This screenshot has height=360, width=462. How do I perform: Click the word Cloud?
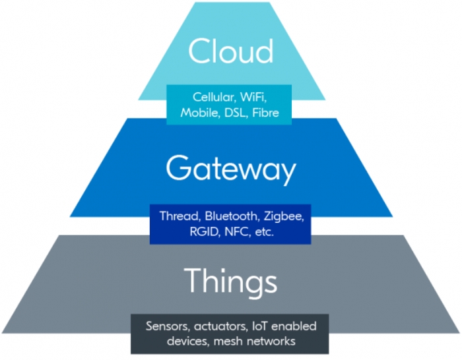click(230, 51)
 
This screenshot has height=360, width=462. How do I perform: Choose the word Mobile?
click(201, 113)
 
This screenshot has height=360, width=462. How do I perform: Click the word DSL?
click(236, 113)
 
